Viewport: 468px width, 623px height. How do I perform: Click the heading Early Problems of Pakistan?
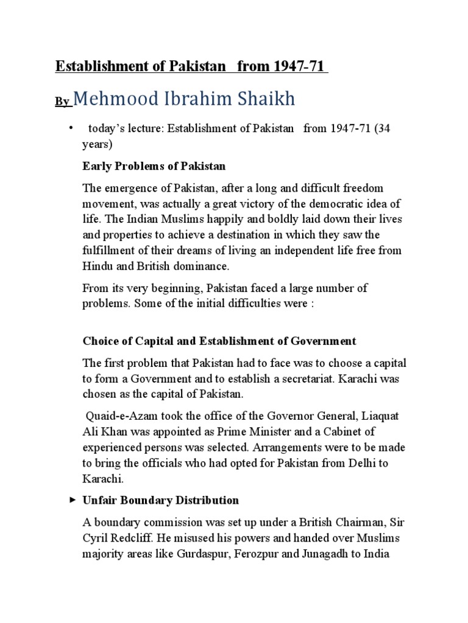[154, 166]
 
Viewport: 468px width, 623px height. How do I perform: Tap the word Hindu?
[97, 265]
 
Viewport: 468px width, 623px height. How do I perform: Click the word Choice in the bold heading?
[99, 341]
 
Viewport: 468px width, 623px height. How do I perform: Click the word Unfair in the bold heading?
[99, 501]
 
